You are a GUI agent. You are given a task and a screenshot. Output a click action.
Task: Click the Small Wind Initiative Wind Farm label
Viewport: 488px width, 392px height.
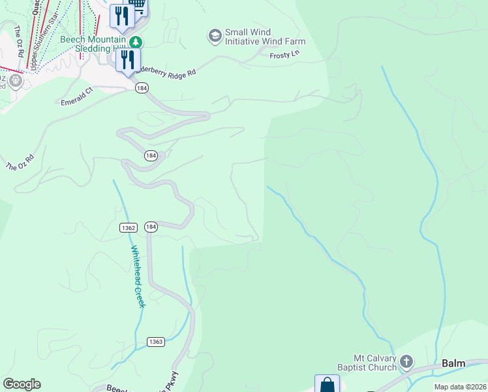(x=265, y=37)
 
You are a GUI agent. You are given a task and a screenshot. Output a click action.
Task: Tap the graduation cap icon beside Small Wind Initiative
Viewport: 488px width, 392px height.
(x=215, y=36)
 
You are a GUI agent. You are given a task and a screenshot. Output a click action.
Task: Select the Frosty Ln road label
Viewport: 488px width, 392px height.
(x=284, y=56)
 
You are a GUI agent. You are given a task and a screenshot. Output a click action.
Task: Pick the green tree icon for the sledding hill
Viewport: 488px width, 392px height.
(x=135, y=42)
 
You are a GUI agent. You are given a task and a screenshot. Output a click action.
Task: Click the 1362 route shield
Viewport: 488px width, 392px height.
(x=129, y=227)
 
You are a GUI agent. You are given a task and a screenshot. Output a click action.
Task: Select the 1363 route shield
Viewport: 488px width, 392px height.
(x=155, y=342)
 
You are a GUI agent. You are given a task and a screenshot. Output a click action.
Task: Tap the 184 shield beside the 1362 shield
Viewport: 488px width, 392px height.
(x=151, y=227)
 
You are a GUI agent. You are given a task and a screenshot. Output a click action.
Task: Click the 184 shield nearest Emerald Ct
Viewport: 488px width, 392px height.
(x=141, y=88)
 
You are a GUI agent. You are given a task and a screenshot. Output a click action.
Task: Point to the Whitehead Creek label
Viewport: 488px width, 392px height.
(x=137, y=276)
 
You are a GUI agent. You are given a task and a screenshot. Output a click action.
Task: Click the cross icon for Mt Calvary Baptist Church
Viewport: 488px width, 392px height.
(x=406, y=361)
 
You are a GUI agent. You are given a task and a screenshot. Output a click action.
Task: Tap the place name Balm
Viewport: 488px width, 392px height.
(x=453, y=363)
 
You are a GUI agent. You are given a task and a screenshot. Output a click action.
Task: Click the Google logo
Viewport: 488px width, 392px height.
(x=22, y=384)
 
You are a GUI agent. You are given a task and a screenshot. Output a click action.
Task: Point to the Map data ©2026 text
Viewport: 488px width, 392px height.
(x=460, y=387)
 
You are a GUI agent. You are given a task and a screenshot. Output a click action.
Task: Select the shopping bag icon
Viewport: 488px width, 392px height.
(x=327, y=385)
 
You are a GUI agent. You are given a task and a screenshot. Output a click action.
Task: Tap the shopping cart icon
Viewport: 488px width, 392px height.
(x=137, y=5)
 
